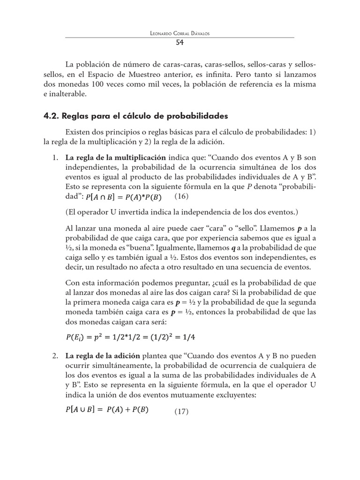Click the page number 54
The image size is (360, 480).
coord(180,43)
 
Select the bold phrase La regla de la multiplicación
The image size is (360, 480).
coord(116,157)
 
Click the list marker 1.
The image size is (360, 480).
coord(55,157)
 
